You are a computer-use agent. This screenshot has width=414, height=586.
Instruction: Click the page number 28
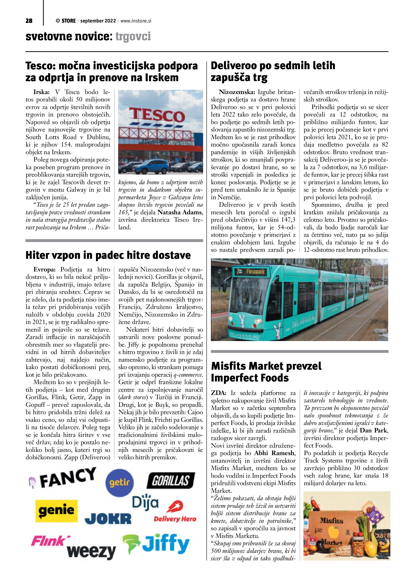[29, 21]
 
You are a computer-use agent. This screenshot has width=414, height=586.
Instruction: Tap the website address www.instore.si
[136, 21]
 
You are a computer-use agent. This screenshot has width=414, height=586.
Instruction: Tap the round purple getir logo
[120, 482]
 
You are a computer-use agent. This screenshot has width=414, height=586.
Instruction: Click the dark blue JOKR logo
[108, 519]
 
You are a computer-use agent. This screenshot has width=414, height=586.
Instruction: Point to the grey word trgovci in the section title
[133, 36]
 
